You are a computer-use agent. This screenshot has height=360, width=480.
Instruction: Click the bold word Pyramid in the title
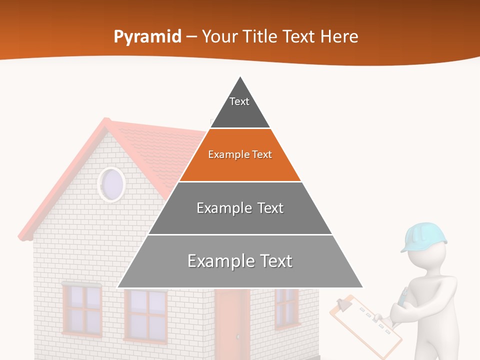[x=147, y=36]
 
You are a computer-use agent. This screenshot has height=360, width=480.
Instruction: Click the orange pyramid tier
[x=240, y=162]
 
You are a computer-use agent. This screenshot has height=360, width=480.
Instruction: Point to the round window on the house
[x=111, y=183]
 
